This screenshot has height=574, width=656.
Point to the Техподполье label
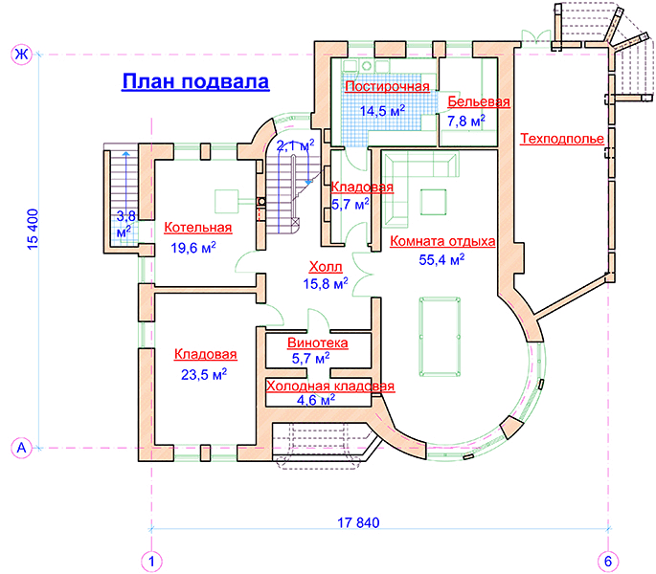point(562,139)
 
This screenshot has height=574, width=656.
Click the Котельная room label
point(198,228)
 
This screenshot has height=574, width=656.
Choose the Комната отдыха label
point(441,241)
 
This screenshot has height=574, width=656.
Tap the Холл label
point(325,267)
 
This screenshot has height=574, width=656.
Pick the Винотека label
point(317,342)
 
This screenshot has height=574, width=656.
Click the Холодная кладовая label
point(330,386)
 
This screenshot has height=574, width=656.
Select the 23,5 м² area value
point(204,374)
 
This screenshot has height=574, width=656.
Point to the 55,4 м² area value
point(441,259)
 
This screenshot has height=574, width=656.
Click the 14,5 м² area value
point(382,110)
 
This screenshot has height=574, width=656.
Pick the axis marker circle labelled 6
point(607,560)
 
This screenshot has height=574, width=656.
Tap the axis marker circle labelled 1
point(150,560)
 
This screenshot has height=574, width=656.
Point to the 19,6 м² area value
point(192,248)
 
